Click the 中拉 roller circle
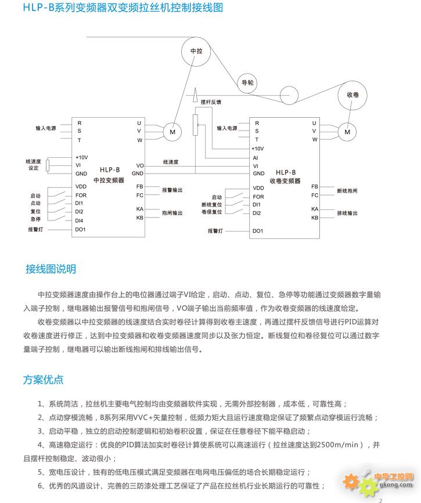tap(197, 51)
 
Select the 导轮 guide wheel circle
tap(247, 83)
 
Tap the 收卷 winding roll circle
tap(352, 95)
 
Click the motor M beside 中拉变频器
tap(172, 132)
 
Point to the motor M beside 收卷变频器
tap(348, 132)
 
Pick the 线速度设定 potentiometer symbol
tap(48, 165)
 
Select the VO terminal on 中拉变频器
tap(139, 165)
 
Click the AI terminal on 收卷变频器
tap(256, 157)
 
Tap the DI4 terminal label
tap(80, 220)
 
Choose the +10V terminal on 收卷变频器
tap(258, 149)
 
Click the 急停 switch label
tap(35, 219)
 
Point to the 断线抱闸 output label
tap(347, 190)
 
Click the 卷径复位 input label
tap(212, 212)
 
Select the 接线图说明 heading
tap(51, 270)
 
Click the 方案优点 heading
tap(43, 380)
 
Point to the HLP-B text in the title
tap(38, 8)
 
